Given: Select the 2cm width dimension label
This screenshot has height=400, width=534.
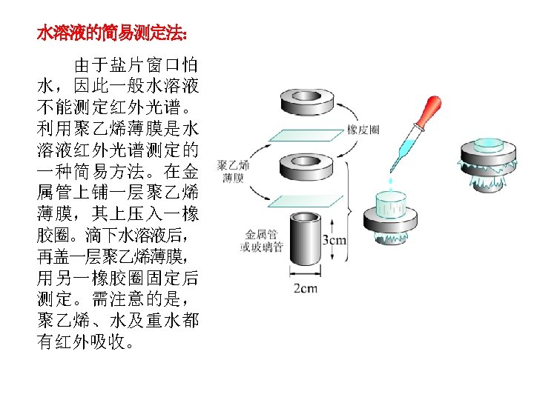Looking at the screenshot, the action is click(x=306, y=288).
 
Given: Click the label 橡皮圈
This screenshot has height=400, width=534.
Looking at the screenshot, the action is click(x=363, y=130).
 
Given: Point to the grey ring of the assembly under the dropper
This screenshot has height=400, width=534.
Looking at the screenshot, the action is click(x=391, y=220).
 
